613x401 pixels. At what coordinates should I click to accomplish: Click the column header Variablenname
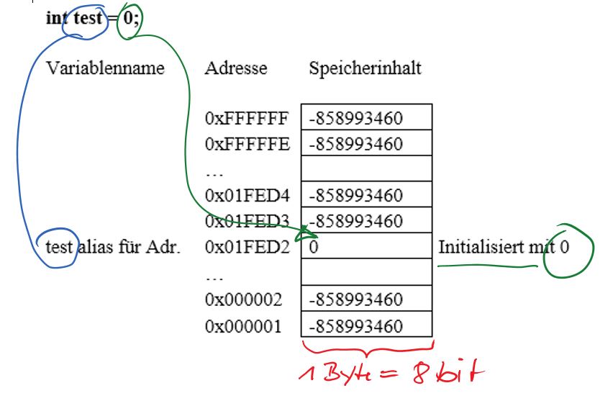[105, 68]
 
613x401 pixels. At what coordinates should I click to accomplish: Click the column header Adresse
[236, 68]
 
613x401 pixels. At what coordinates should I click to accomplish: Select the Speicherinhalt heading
[365, 68]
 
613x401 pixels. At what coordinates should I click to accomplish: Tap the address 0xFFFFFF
[247, 118]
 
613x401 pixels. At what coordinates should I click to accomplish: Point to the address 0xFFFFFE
[247, 144]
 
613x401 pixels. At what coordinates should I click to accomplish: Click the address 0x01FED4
[247, 195]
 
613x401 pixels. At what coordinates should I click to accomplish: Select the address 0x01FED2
[247, 247]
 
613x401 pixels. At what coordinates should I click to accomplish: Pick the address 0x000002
[243, 299]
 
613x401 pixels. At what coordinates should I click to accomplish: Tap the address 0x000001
[243, 326]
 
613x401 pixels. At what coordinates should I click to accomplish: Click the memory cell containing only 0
[366, 245]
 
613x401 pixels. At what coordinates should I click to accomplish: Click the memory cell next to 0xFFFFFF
[366, 117]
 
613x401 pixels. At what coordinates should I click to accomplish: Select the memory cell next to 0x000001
[366, 324]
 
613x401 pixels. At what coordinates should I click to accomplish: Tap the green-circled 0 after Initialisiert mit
[564, 247]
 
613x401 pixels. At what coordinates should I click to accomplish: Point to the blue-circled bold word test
[88, 18]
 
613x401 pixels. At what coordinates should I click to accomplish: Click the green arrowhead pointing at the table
[307, 233]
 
